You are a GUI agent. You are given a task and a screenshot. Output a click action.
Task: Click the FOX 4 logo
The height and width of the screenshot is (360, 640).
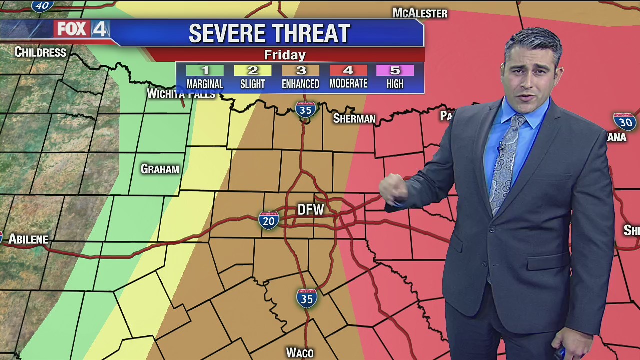(x=82, y=29)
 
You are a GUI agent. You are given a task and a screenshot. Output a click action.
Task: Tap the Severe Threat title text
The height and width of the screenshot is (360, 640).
(x=269, y=33)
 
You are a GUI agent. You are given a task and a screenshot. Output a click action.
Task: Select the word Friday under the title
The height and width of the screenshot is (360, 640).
(x=285, y=55)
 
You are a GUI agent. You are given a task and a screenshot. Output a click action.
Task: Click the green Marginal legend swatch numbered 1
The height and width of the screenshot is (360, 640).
(x=205, y=70)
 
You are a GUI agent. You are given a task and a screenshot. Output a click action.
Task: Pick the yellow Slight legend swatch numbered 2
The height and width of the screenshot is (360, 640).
(x=252, y=70)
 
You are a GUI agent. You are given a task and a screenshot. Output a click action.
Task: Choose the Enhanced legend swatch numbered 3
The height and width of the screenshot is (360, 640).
(x=300, y=70)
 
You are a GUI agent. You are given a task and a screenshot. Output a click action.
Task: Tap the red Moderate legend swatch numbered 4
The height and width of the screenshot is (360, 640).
(x=348, y=70)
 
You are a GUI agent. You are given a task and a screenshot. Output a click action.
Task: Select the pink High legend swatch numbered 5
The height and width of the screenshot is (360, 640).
(x=395, y=70)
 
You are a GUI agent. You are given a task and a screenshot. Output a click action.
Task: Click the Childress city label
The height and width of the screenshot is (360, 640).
(x=40, y=52)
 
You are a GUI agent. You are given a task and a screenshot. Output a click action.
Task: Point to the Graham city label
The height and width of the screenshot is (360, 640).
(x=160, y=169)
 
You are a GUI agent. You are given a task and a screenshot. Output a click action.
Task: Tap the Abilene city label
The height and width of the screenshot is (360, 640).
(x=28, y=240)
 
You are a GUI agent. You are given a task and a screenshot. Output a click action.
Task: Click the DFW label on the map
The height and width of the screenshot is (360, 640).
(x=311, y=210)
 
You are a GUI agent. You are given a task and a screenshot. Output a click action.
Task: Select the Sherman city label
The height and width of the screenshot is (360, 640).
(x=354, y=119)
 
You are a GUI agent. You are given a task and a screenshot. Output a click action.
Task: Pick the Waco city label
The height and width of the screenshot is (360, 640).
(x=300, y=353)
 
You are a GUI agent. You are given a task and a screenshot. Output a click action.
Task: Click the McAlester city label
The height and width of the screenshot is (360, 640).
(x=420, y=13)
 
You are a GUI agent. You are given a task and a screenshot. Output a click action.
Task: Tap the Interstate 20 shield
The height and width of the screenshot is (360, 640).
(x=269, y=220)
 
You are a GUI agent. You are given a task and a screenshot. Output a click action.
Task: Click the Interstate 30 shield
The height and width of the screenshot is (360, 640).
(x=624, y=121)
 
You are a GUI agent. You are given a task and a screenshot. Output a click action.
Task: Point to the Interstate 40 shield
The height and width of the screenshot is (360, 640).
(x=43, y=5)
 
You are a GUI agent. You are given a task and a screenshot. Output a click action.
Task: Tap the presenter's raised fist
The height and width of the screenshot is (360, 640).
(x=392, y=190)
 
